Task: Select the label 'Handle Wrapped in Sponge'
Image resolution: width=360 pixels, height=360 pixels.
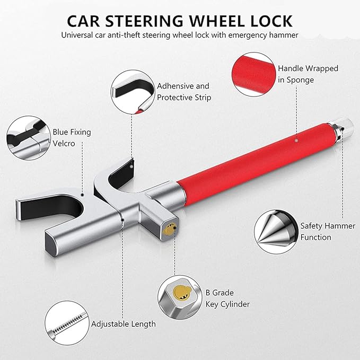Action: (308, 74)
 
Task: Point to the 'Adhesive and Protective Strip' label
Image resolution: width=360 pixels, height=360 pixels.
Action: (183, 91)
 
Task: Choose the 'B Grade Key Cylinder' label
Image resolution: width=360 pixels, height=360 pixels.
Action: (227, 298)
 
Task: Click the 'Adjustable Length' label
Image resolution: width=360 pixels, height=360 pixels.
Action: (124, 324)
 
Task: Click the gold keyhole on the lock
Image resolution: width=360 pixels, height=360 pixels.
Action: (169, 229)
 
